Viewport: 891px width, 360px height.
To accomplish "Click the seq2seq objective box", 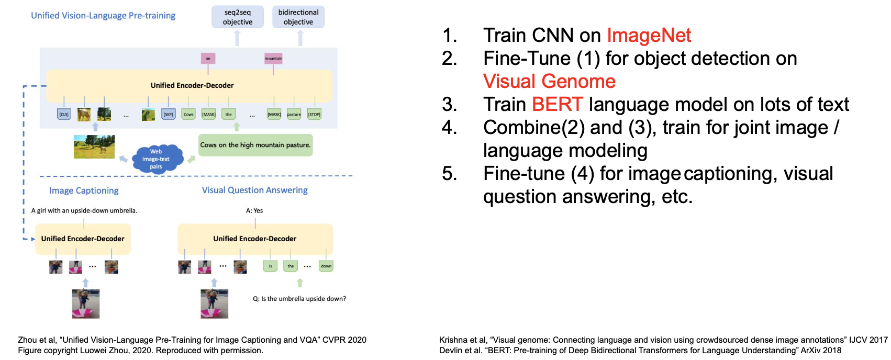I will tap(237, 17).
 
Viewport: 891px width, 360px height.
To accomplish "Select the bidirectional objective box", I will tap(298, 17).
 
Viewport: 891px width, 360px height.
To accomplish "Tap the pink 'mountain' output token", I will tap(273, 58).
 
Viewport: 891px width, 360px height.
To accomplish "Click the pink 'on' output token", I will tap(208, 58).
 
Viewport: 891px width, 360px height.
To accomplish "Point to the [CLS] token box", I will tap(64, 114).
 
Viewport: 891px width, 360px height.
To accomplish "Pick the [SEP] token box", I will tap(168, 114).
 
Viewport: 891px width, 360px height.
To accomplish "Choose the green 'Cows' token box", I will tap(188, 114).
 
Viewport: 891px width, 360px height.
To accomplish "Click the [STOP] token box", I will tap(314, 114).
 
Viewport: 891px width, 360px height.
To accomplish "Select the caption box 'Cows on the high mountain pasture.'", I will tap(255, 145).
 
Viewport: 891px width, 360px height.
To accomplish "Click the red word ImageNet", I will tap(649, 35).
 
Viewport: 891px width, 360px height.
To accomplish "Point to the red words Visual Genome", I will tap(549, 81).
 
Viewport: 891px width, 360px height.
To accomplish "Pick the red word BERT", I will tap(557, 104).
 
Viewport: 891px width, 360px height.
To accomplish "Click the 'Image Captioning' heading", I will tap(84, 190).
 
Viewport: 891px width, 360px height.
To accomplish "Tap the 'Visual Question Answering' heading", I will tap(255, 190).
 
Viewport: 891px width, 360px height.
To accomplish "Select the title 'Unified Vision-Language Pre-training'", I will tap(103, 15).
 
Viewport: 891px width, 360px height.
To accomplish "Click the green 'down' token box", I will tap(326, 266).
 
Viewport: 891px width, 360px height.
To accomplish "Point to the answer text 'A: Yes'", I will tap(254, 210).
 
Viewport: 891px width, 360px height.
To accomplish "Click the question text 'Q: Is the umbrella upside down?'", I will tap(299, 299).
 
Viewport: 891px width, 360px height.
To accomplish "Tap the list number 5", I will tap(449, 173).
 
